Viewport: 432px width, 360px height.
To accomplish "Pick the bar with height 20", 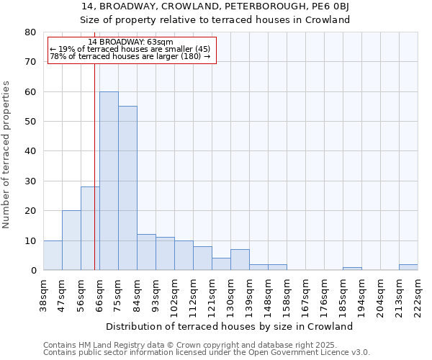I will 71,240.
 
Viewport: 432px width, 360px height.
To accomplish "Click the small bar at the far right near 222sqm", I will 408,267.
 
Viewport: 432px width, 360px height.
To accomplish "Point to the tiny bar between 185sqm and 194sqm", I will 352,269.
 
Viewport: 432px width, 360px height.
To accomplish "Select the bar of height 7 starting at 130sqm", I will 240,260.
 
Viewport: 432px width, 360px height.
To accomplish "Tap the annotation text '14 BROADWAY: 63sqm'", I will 130,42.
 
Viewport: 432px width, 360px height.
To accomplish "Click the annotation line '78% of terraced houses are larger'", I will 130,56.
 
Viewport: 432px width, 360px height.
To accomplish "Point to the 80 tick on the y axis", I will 30,32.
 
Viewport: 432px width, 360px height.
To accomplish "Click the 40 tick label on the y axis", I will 30,151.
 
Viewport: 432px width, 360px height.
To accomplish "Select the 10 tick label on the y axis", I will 30,240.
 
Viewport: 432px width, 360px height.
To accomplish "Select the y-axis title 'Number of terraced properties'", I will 6,154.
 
